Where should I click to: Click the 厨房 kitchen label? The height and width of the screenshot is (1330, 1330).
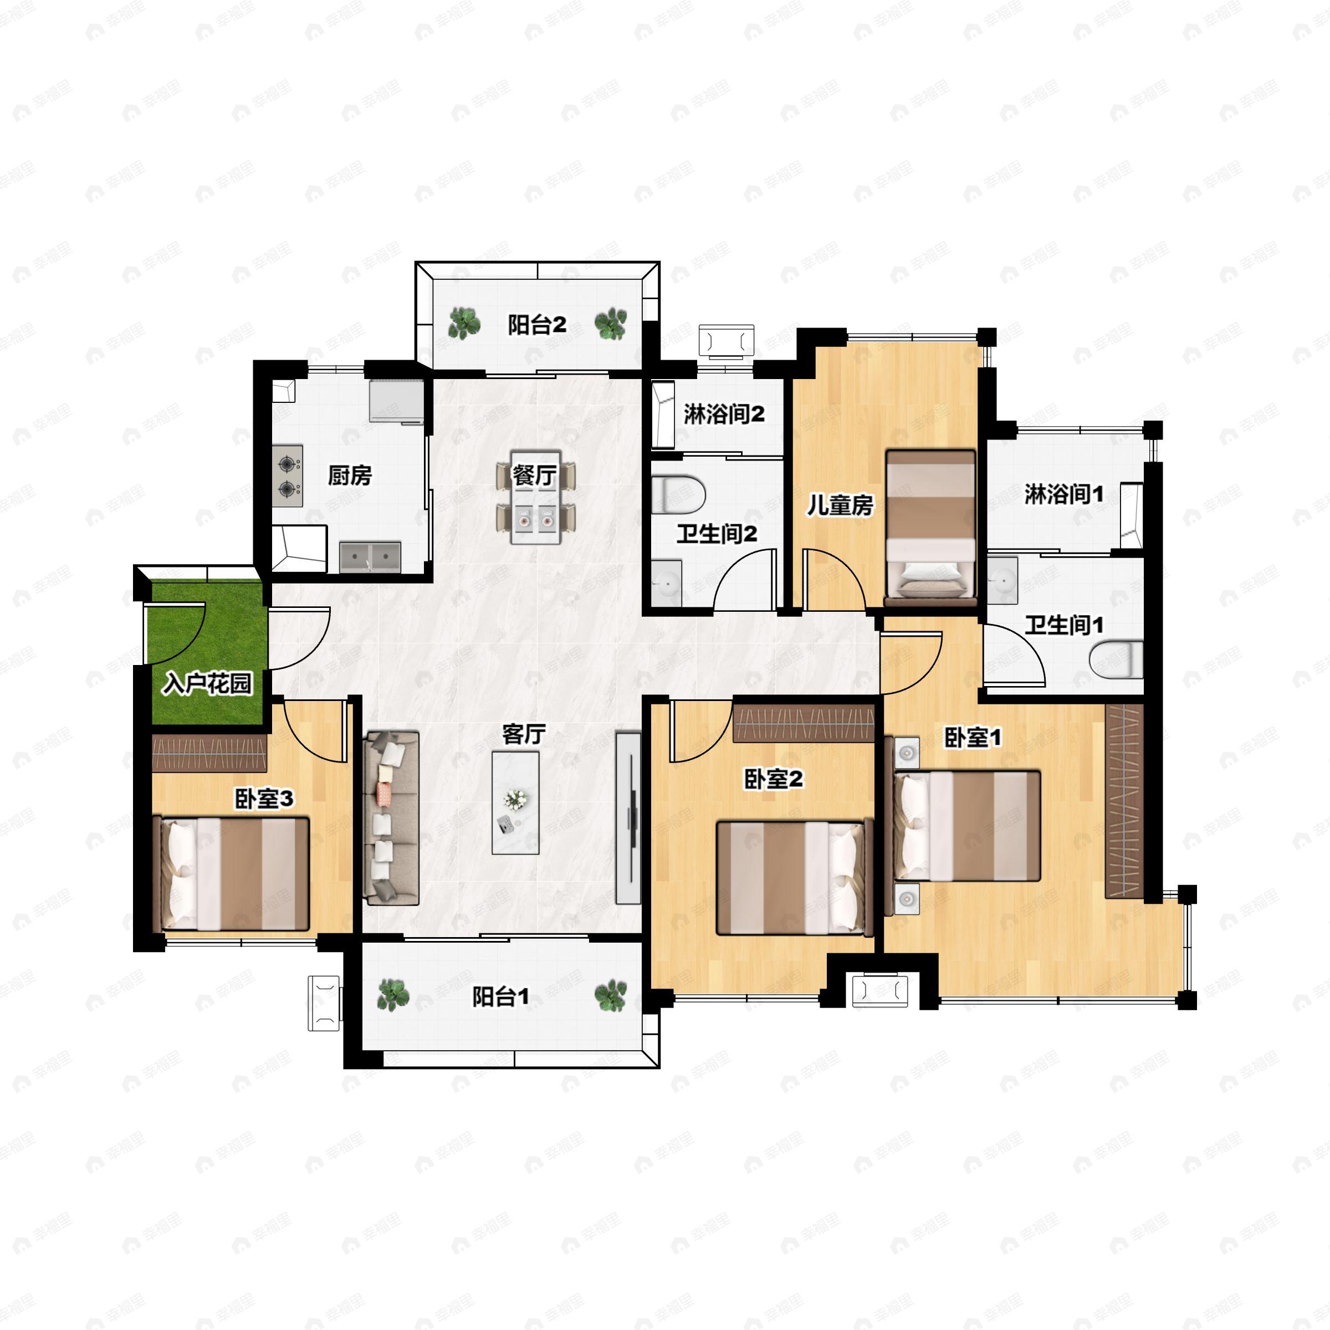pyautogui.click(x=350, y=475)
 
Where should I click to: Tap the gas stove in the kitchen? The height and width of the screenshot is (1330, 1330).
pyautogui.click(x=288, y=477)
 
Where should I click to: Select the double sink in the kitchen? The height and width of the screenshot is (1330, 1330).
pyautogui.click(x=370, y=557)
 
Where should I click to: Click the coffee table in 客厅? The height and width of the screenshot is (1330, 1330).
pyautogui.click(x=515, y=802)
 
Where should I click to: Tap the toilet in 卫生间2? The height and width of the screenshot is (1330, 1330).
pyautogui.click(x=679, y=495)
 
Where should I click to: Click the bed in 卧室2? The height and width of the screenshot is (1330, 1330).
pyautogui.click(x=795, y=878)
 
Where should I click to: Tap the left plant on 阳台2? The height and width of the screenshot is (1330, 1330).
pyautogui.click(x=465, y=323)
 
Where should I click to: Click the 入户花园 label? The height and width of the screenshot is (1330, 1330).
pyautogui.click(x=208, y=684)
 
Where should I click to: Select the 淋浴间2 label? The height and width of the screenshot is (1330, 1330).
pyautogui.click(x=724, y=415)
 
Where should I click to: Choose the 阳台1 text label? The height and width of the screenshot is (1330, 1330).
pyautogui.click(x=500, y=996)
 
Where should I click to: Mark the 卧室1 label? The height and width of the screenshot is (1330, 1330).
pyautogui.click(x=972, y=738)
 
